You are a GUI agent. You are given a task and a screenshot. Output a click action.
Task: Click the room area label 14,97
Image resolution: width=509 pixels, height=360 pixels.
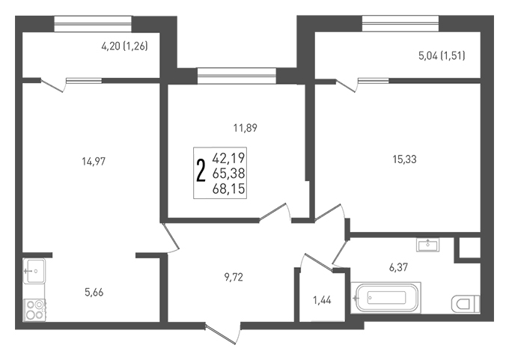click(x=94, y=162)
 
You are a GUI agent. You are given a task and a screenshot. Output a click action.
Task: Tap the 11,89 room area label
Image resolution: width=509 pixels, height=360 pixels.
click(x=245, y=128)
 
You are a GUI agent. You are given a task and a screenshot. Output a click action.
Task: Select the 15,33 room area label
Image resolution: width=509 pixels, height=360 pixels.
click(x=404, y=159)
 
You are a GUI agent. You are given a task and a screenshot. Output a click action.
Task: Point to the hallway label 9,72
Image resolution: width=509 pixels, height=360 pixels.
click(x=234, y=277)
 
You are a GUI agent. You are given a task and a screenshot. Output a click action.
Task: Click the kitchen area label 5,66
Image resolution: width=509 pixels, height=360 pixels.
click(x=94, y=293)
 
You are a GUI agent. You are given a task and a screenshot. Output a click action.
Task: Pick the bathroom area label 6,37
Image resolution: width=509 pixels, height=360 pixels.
click(x=399, y=267)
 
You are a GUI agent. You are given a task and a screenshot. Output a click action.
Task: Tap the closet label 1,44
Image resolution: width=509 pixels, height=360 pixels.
click(x=322, y=300)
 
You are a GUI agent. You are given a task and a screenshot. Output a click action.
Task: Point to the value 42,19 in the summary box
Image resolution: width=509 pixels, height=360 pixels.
click(x=228, y=158)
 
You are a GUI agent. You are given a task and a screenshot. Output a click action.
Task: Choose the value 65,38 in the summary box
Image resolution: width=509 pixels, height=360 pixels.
click(x=228, y=174)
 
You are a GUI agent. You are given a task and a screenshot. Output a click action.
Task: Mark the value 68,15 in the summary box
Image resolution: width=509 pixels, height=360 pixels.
click(x=228, y=189)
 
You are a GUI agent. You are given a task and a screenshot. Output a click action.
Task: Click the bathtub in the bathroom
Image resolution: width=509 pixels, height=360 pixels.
click(x=386, y=298)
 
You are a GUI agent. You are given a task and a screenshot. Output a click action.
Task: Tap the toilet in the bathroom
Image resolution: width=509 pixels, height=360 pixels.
click(x=466, y=304)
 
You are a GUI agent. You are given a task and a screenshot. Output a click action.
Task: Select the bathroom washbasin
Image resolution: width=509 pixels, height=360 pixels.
click(x=428, y=245)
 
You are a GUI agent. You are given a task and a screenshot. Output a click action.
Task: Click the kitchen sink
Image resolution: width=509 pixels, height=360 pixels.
click(x=34, y=271)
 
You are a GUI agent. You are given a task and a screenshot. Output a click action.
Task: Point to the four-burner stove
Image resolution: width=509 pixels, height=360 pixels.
click(x=34, y=310)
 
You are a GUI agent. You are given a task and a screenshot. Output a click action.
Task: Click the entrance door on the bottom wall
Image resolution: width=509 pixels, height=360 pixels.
click(x=223, y=333)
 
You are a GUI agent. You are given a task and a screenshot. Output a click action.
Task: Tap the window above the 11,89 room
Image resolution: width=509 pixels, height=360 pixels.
click(x=237, y=76)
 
